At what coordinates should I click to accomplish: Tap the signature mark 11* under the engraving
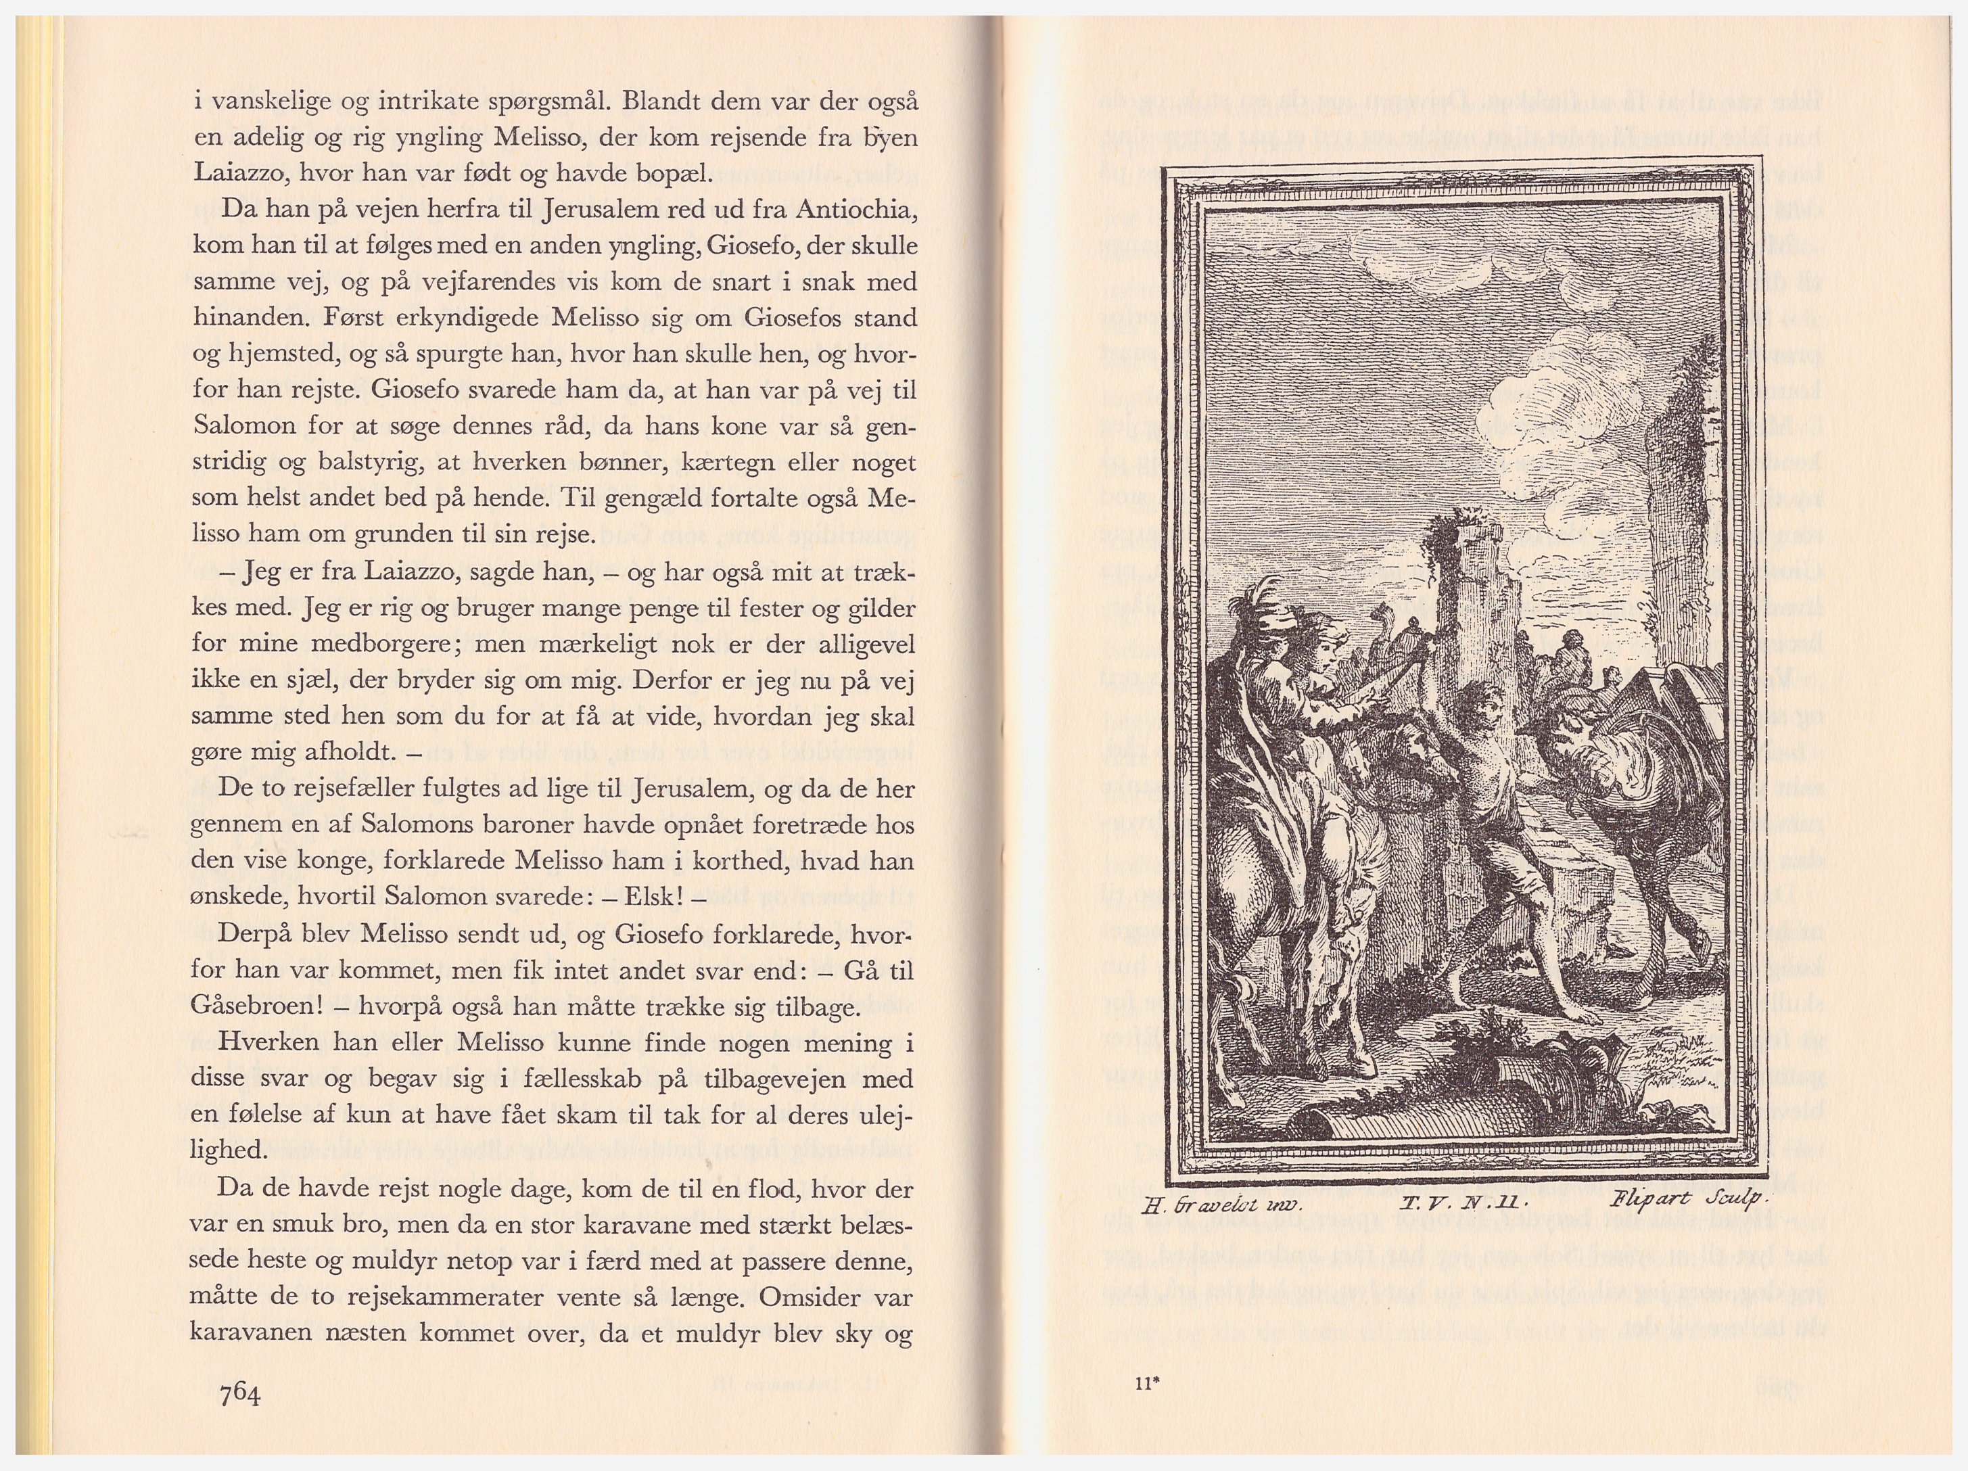coord(1147,1383)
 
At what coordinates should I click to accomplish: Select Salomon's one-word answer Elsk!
coord(655,896)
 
